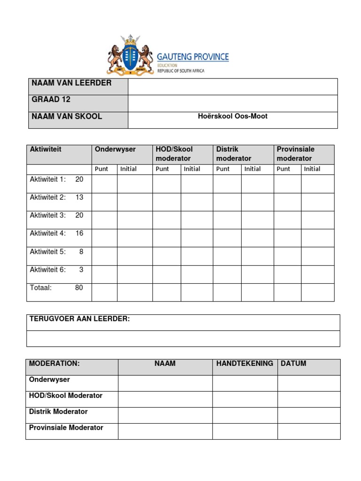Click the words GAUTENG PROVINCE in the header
(x=193, y=57)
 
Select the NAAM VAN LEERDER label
(x=71, y=83)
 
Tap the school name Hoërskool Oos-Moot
(x=233, y=116)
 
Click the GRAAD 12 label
(x=51, y=100)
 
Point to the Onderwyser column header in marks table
(x=115, y=149)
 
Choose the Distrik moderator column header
(x=234, y=154)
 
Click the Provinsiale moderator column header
(x=296, y=154)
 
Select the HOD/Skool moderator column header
(x=174, y=154)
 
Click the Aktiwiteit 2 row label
(x=48, y=197)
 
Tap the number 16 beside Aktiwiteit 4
(x=79, y=233)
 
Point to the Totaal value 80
(x=79, y=287)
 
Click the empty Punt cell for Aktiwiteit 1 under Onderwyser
(x=104, y=184)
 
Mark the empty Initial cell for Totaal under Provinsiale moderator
(x=318, y=292)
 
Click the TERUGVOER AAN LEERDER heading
(x=79, y=319)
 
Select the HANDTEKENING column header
(x=244, y=364)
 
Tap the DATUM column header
(x=293, y=364)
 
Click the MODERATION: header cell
(x=55, y=364)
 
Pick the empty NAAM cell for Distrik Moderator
(x=165, y=415)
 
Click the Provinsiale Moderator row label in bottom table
(x=66, y=427)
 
